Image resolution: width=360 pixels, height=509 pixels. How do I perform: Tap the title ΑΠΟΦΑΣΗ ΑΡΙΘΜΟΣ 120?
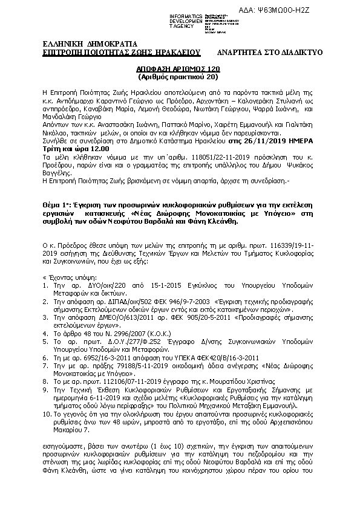(179, 70)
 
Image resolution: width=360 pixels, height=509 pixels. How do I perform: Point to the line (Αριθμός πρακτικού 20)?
(179, 78)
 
